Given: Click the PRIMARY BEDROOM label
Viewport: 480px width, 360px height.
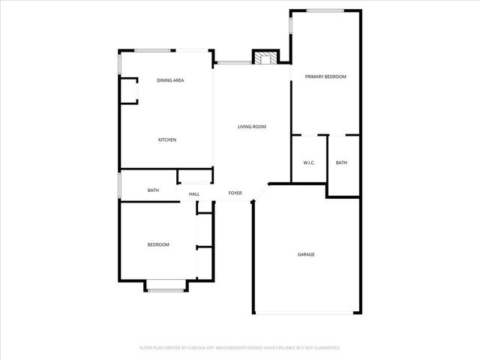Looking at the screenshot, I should click(x=325, y=77).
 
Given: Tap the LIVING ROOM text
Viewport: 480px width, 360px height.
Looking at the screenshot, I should click(x=252, y=127).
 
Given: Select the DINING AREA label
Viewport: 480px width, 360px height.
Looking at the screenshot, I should click(x=170, y=80).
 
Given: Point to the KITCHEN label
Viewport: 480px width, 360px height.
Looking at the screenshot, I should click(x=167, y=140).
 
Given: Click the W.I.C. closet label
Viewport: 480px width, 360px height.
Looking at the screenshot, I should click(x=308, y=163).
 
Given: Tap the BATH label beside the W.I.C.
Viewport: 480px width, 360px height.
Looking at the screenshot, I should click(x=341, y=163).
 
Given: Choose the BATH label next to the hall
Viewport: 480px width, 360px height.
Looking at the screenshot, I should click(x=153, y=190).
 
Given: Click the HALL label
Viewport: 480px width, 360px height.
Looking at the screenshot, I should click(x=194, y=194).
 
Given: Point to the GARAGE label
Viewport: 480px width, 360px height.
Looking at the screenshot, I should click(x=306, y=254).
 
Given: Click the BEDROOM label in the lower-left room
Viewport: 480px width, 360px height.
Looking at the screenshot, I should click(x=158, y=244).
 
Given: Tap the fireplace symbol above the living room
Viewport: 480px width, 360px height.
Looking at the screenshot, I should click(x=263, y=58).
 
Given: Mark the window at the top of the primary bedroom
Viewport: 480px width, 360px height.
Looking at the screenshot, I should click(x=325, y=10).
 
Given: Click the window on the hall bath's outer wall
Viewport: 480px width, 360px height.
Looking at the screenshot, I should click(x=120, y=186).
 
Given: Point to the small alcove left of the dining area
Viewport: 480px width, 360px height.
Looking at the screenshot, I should click(x=129, y=91).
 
